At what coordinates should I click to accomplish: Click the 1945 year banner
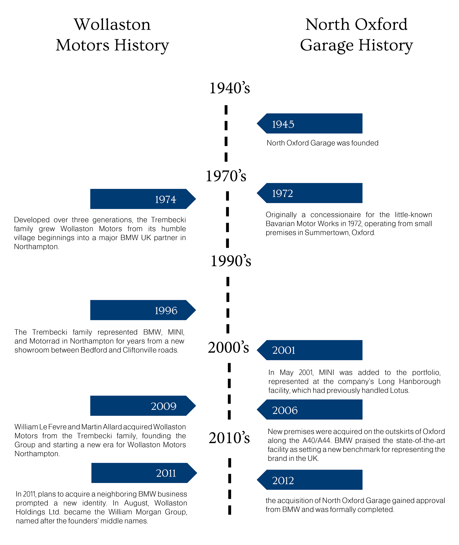pos(310,124)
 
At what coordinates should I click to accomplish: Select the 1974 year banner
pos(143,199)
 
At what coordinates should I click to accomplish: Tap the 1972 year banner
pos(310,193)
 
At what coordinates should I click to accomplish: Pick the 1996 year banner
pos(143,310)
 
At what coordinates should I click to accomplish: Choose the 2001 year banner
pos(310,350)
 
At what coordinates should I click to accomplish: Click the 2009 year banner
pos(143,406)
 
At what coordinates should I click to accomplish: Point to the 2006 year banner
pos(310,410)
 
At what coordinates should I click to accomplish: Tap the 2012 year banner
pos(310,480)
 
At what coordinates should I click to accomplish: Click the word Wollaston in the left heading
pos(112,25)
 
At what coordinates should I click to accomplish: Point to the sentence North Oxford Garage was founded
pos(322,143)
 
